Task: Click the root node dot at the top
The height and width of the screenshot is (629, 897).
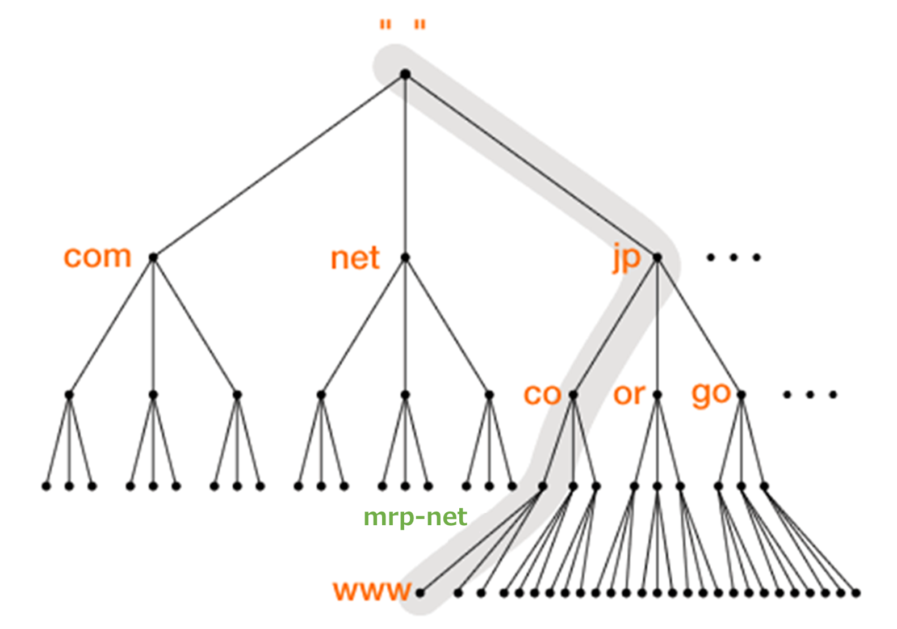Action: (405, 74)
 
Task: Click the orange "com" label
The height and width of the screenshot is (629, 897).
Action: (97, 257)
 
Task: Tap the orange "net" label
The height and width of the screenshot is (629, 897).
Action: (355, 259)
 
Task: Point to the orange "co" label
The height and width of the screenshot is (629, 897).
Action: (542, 394)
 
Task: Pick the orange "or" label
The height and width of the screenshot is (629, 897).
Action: (629, 394)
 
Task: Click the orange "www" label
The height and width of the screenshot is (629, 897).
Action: (372, 591)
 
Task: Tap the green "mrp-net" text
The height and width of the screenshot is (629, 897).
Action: (415, 517)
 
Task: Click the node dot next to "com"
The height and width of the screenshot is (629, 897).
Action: (153, 257)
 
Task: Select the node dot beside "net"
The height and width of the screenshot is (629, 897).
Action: (405, 257)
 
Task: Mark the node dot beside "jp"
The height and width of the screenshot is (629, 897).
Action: (657, 257)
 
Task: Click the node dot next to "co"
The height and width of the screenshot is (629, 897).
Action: (573, 395)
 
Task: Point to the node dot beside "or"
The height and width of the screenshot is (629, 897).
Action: (657, 395)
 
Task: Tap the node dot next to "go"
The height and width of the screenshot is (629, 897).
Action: (741, 395)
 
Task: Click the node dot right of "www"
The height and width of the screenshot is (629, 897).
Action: (420, 593)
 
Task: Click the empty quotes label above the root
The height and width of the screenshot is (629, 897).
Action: (403, 26)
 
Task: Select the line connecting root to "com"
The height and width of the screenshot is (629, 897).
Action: (279, 166)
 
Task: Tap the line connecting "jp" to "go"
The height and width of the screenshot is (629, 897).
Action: (699, 326)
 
